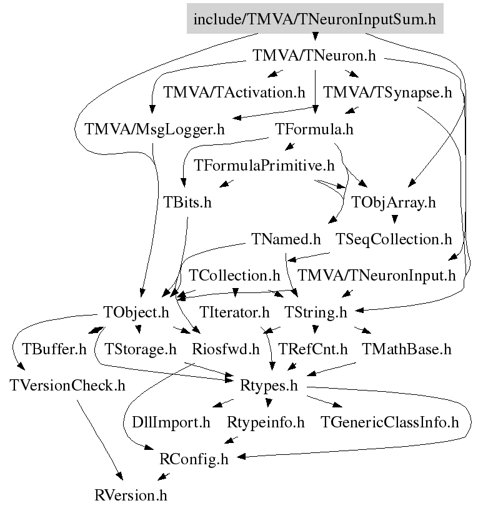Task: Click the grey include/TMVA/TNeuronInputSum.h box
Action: pos(314,19)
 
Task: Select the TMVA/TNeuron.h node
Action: pos(314,56)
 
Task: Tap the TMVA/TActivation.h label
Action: pos(234,93)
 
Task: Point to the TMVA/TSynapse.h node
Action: pos(387,93)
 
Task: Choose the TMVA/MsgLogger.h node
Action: pos(154,130)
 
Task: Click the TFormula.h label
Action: pos(314,130)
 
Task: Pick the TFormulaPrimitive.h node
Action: pos(265,166)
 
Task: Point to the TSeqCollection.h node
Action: pos(394,239)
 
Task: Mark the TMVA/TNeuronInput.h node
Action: pos(377,275)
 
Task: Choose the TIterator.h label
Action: pos(235,311)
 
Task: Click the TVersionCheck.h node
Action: pos(67,385)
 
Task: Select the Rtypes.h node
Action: pos(269,385)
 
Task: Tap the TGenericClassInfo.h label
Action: pos(390,422)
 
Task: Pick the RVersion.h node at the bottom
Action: pos(131,496)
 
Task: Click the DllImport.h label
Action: pos(172,422)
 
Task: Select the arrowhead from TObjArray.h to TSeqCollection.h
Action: pos(394,219)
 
